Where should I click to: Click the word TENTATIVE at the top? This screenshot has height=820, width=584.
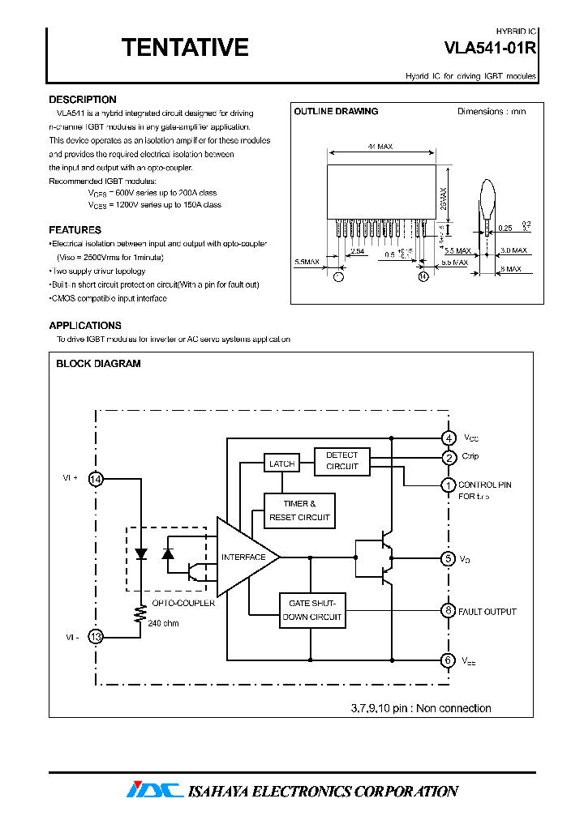pos(185,48)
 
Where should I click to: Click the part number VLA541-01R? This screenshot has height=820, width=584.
pos(490,48)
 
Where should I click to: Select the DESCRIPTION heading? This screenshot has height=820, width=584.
pos(83,100)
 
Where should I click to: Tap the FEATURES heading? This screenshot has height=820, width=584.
pos(75,230)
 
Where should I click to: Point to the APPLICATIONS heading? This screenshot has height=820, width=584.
pos(85,326)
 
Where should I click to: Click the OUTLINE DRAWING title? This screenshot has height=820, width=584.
pos(336,112)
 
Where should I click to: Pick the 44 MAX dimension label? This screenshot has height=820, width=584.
pos(380,147)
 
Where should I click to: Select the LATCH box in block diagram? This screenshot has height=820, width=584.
pos(281,463)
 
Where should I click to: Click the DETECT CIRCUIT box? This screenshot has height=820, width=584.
pos(341,461)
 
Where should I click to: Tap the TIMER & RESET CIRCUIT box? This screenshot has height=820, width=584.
pos(299,510)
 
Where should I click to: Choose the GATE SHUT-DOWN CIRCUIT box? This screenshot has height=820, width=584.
pos(311,611)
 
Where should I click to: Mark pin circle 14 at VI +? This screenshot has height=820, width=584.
pos(96,480)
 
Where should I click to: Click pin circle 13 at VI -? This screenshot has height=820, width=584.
pos(96,637)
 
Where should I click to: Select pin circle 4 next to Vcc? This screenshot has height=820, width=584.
pos(448,438)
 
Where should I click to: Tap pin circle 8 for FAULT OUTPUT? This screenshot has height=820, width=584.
pos(448,611)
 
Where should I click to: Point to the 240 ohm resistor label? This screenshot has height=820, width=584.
pos(164,623)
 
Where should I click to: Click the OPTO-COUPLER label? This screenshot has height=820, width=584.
pos(184,603)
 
